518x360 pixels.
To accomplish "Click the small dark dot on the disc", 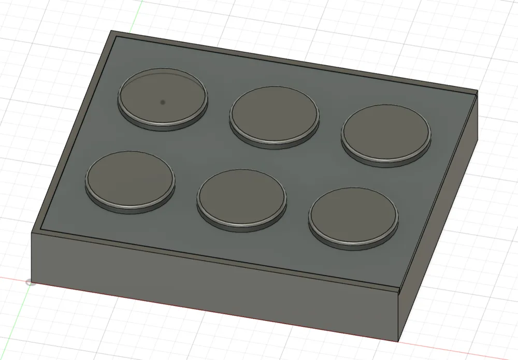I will point(163,103).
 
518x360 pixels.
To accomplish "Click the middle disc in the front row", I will point(241,196).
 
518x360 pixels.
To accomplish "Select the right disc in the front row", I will point(353,215).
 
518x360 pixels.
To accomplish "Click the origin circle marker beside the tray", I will point(31,282).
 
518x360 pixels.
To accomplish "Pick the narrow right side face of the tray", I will point(440,228).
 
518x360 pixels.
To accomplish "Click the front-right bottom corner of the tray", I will point(399,342).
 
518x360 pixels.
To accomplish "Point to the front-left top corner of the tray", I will point(32,233).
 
